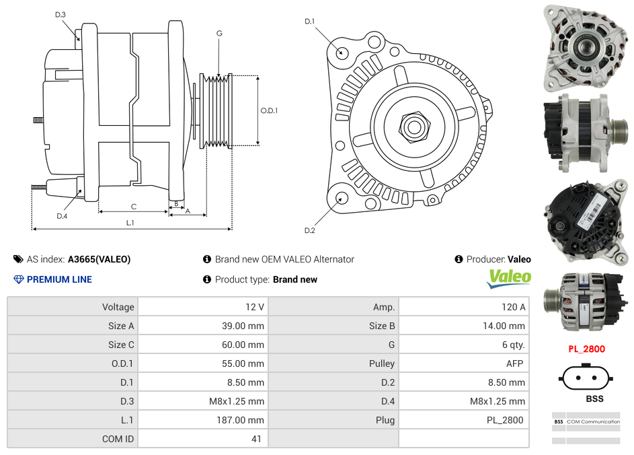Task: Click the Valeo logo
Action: coord(509,278)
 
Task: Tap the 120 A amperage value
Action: coord(513,307)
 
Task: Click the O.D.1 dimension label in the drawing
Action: coord(269,110)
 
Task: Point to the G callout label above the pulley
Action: coord(219,34)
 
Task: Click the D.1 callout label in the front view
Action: coord(309,22)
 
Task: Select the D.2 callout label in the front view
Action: coord(309,230)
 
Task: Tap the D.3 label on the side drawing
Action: coord(61,14)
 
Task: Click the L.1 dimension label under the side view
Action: coord(130,222)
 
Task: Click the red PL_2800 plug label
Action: coord(586,349)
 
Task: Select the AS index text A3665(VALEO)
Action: coord(99,259)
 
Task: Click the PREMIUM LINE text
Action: coord(59,279)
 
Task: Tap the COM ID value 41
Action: coord(257,439)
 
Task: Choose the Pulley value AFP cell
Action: coord(514,363)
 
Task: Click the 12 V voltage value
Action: coord(254,307)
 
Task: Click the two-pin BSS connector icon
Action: coord(586,378)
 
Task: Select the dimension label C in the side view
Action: coord(133,207)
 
